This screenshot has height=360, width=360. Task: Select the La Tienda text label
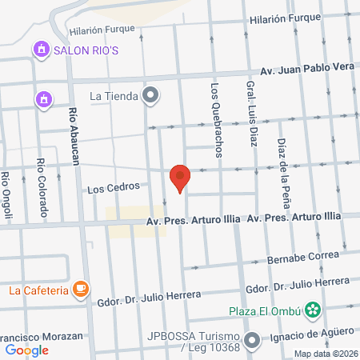coord(114,97)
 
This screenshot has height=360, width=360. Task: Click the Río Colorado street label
coord(40,188)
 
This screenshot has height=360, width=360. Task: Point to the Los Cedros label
coord(107,190)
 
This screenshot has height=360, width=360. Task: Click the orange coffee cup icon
coord(81,290)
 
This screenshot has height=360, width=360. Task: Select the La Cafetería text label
coord(38,290)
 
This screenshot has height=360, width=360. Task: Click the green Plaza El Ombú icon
coord(314,310)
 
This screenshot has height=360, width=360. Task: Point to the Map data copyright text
coord(325,354)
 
